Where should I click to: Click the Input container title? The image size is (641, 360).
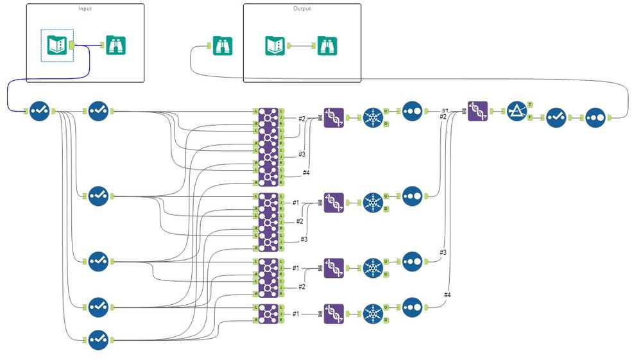coord(85,9)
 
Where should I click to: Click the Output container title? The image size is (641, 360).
coord(302,9)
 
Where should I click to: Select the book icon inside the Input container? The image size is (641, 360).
coord(57,45)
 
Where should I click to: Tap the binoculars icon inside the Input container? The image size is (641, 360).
coord(116,45)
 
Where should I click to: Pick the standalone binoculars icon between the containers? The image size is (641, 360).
coord(223,46)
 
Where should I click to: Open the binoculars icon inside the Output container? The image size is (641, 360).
coord(327,46)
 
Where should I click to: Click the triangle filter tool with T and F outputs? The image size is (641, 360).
coord(516,111)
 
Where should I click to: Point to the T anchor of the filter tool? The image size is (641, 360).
coord(529,104)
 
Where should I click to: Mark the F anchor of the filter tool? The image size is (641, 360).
coord(529,117)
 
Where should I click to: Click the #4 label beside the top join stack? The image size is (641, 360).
coord(307,173)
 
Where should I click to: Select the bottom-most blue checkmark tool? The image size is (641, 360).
coord(98,339)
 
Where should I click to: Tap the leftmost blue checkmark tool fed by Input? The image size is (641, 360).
coord(39,111)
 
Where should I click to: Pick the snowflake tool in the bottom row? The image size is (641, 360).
coord(372,314)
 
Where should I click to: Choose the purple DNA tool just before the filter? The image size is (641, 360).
coord(478,111)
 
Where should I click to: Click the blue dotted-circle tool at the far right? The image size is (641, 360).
coord(595,117)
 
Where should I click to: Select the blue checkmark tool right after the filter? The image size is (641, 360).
coord(556,117)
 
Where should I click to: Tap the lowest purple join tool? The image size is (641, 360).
coord(268,314)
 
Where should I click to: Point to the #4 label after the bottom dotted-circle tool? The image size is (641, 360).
coord(447,295)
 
